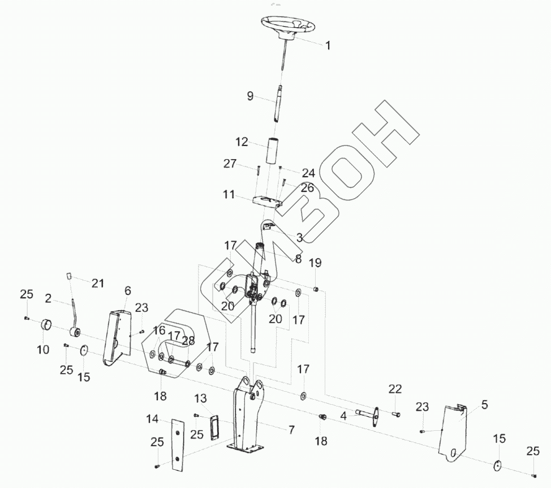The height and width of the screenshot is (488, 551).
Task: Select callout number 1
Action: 328,45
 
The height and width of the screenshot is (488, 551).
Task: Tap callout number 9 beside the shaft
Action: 250,96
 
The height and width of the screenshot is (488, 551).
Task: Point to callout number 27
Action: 230,164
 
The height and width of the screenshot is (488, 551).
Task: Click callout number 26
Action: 307,187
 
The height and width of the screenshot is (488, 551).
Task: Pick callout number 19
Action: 315,263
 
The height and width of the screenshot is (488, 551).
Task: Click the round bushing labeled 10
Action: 47,326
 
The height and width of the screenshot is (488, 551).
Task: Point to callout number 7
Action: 291,430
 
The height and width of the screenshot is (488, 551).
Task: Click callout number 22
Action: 395,389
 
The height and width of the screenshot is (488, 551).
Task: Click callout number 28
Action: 188,341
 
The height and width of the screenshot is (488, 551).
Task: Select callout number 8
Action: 298,259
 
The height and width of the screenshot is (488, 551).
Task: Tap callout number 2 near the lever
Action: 49,298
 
